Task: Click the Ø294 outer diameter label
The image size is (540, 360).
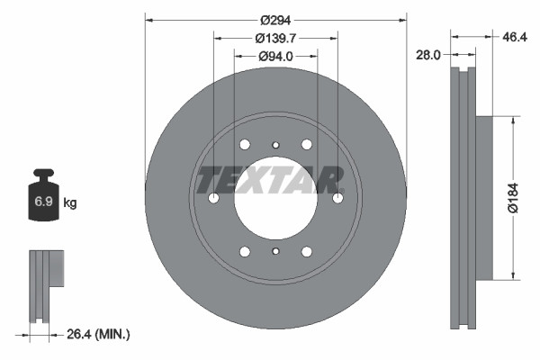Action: click(x=275, y=20)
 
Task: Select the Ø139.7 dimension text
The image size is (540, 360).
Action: click(x=276, y=39)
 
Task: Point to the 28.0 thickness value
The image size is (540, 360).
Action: click(x=428, y=55)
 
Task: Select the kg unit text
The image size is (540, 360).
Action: click(x=70, y=203)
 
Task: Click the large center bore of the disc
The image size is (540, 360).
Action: click(x=275, y=199)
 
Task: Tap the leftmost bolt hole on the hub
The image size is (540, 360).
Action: click(x=213, y=199)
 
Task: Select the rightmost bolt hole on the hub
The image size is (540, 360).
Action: click(x=337, y=199)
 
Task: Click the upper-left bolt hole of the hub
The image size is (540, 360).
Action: click(x=245, y=145)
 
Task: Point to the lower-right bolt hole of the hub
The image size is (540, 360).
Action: click(x=307, y=252)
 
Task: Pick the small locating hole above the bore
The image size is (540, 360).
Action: click(x=275, y=145)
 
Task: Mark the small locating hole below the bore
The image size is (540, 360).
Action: click(x=275, y=252)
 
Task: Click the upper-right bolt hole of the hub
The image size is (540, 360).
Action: click(x=307, y=145)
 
